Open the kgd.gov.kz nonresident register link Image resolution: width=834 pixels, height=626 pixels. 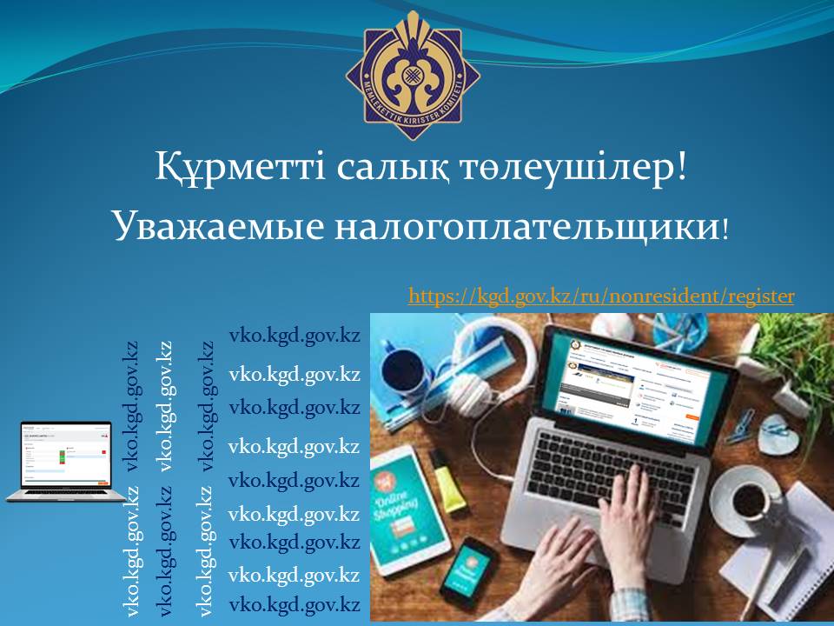[x=601, y=296]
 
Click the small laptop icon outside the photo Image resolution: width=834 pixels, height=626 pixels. [x=65, y=461]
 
